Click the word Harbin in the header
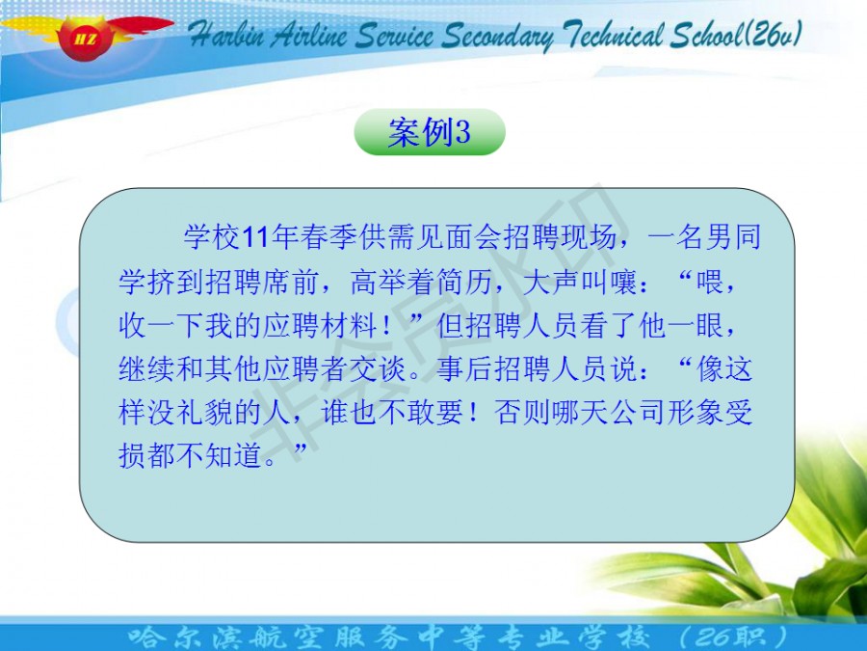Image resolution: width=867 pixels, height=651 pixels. [227, 36]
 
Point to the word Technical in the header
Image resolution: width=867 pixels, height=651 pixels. [613, 35]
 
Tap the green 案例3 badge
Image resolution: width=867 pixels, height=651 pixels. [430, 132]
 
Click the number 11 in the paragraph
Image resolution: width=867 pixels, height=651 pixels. [255, 237]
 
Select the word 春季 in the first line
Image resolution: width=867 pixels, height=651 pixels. [328, 237]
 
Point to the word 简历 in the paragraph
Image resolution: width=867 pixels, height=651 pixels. [464, 282]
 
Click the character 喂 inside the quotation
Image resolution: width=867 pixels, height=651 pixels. [711, 282]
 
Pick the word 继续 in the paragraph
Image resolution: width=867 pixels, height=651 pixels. [147, 368]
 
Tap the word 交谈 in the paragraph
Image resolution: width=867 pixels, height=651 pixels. [379, 368]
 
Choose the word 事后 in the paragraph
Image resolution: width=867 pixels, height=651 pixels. [464, 368]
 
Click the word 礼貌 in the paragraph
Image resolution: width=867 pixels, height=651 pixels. [204, 413]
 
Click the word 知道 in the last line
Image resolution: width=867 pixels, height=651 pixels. [233, 455]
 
